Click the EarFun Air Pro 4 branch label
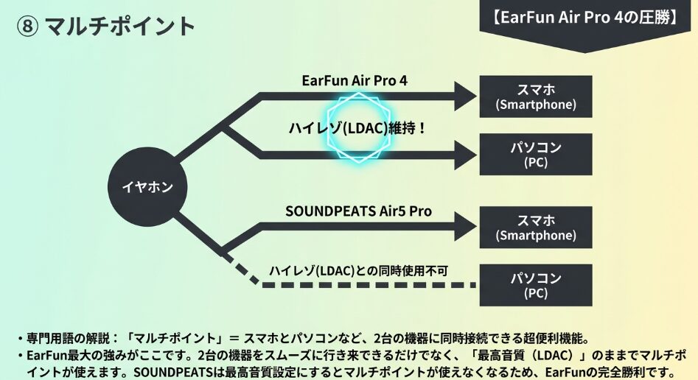(354, 80)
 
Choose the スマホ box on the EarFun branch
(535, 96)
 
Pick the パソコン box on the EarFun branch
(535, 154)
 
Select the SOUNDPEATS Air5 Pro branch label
(358, 211)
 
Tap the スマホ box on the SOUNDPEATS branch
(535, 228)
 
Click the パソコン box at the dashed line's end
(535, 285)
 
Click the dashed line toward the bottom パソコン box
(369, 284)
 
